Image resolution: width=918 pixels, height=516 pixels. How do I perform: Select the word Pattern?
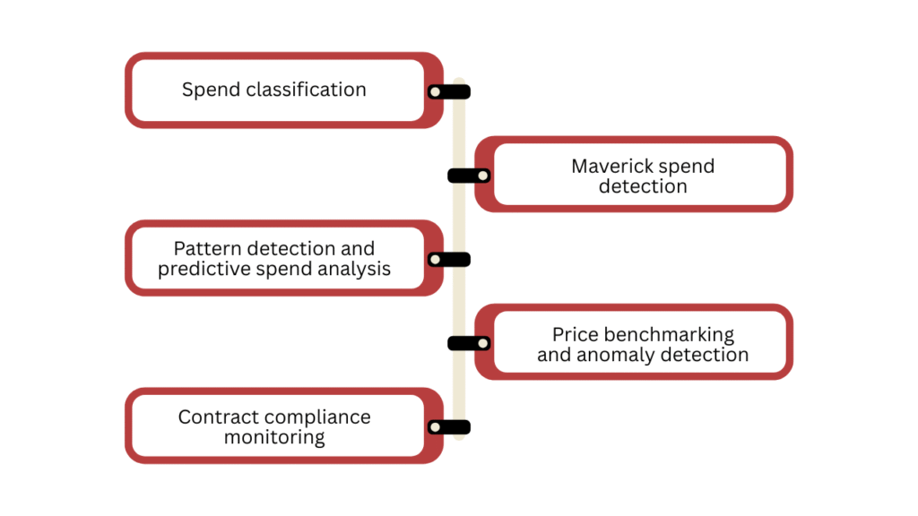pos(205,249)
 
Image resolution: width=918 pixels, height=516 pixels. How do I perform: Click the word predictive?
pos(197,269)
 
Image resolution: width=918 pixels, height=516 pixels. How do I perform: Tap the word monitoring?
pos(274,438)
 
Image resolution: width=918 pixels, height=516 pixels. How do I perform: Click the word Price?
pos(575,335)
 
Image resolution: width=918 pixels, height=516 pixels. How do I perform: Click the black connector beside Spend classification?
pos(449,91)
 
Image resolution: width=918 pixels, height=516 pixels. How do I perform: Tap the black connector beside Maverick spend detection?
pos(468,176)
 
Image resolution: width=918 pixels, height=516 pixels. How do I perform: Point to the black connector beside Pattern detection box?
pos(449,260)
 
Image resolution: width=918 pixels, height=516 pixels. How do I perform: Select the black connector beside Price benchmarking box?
pos(468,343)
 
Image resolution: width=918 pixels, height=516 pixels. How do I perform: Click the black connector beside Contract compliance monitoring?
pos(449,427)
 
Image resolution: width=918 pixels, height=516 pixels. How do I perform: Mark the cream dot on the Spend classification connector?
pos(435,91)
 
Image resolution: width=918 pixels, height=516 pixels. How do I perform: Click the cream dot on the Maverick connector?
pos(482,176)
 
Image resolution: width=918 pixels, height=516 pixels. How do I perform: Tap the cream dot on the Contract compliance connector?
pos(435,427)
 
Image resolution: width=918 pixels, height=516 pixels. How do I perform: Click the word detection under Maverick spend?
pos(643,186)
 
